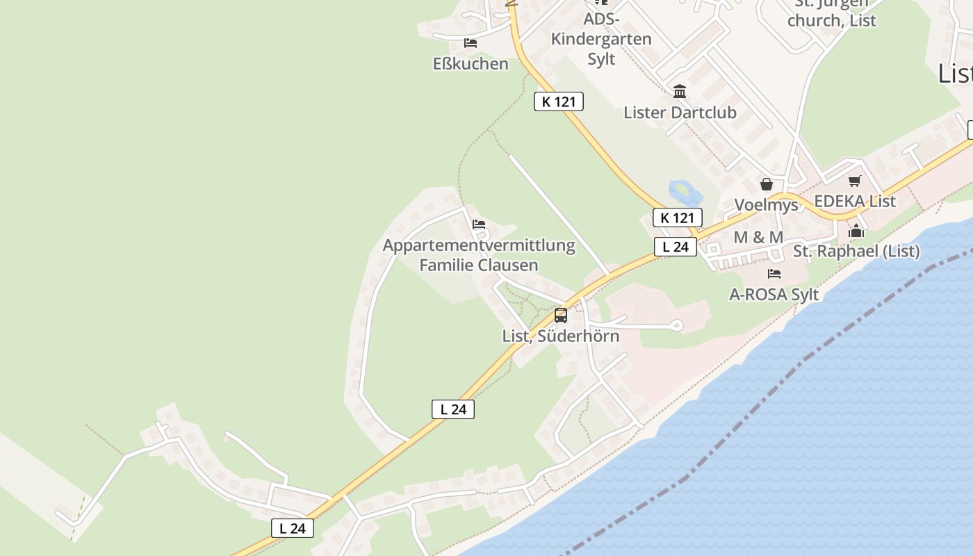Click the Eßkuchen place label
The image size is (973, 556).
click(471, 64)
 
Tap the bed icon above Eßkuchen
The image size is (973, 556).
click(471, 43)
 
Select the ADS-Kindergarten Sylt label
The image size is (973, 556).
click(601, 39)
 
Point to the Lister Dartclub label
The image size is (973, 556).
click(680, 113)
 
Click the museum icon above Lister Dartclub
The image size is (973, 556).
click(680, 91)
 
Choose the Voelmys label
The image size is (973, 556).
click(767, 205)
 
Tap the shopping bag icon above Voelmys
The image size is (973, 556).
click(767, 184)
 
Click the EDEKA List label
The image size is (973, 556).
click(855, 202)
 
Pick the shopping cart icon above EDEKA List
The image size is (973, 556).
click(855, 181)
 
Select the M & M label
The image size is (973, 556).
click(758, 238)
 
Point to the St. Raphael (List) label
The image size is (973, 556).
click(856, 252)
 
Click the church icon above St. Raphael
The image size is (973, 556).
click(856, 231)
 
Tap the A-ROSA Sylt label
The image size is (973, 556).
click(774, 295)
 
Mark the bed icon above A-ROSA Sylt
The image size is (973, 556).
click(774, 274)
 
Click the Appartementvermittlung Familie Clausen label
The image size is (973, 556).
click(479, 255)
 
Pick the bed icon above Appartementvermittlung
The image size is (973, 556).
click(479, 224)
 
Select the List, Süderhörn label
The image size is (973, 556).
click(560, 336)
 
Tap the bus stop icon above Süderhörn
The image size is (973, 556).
click(561, 316)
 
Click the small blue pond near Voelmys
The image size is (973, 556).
click(682, 190)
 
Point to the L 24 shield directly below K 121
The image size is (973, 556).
click(675, 247)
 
